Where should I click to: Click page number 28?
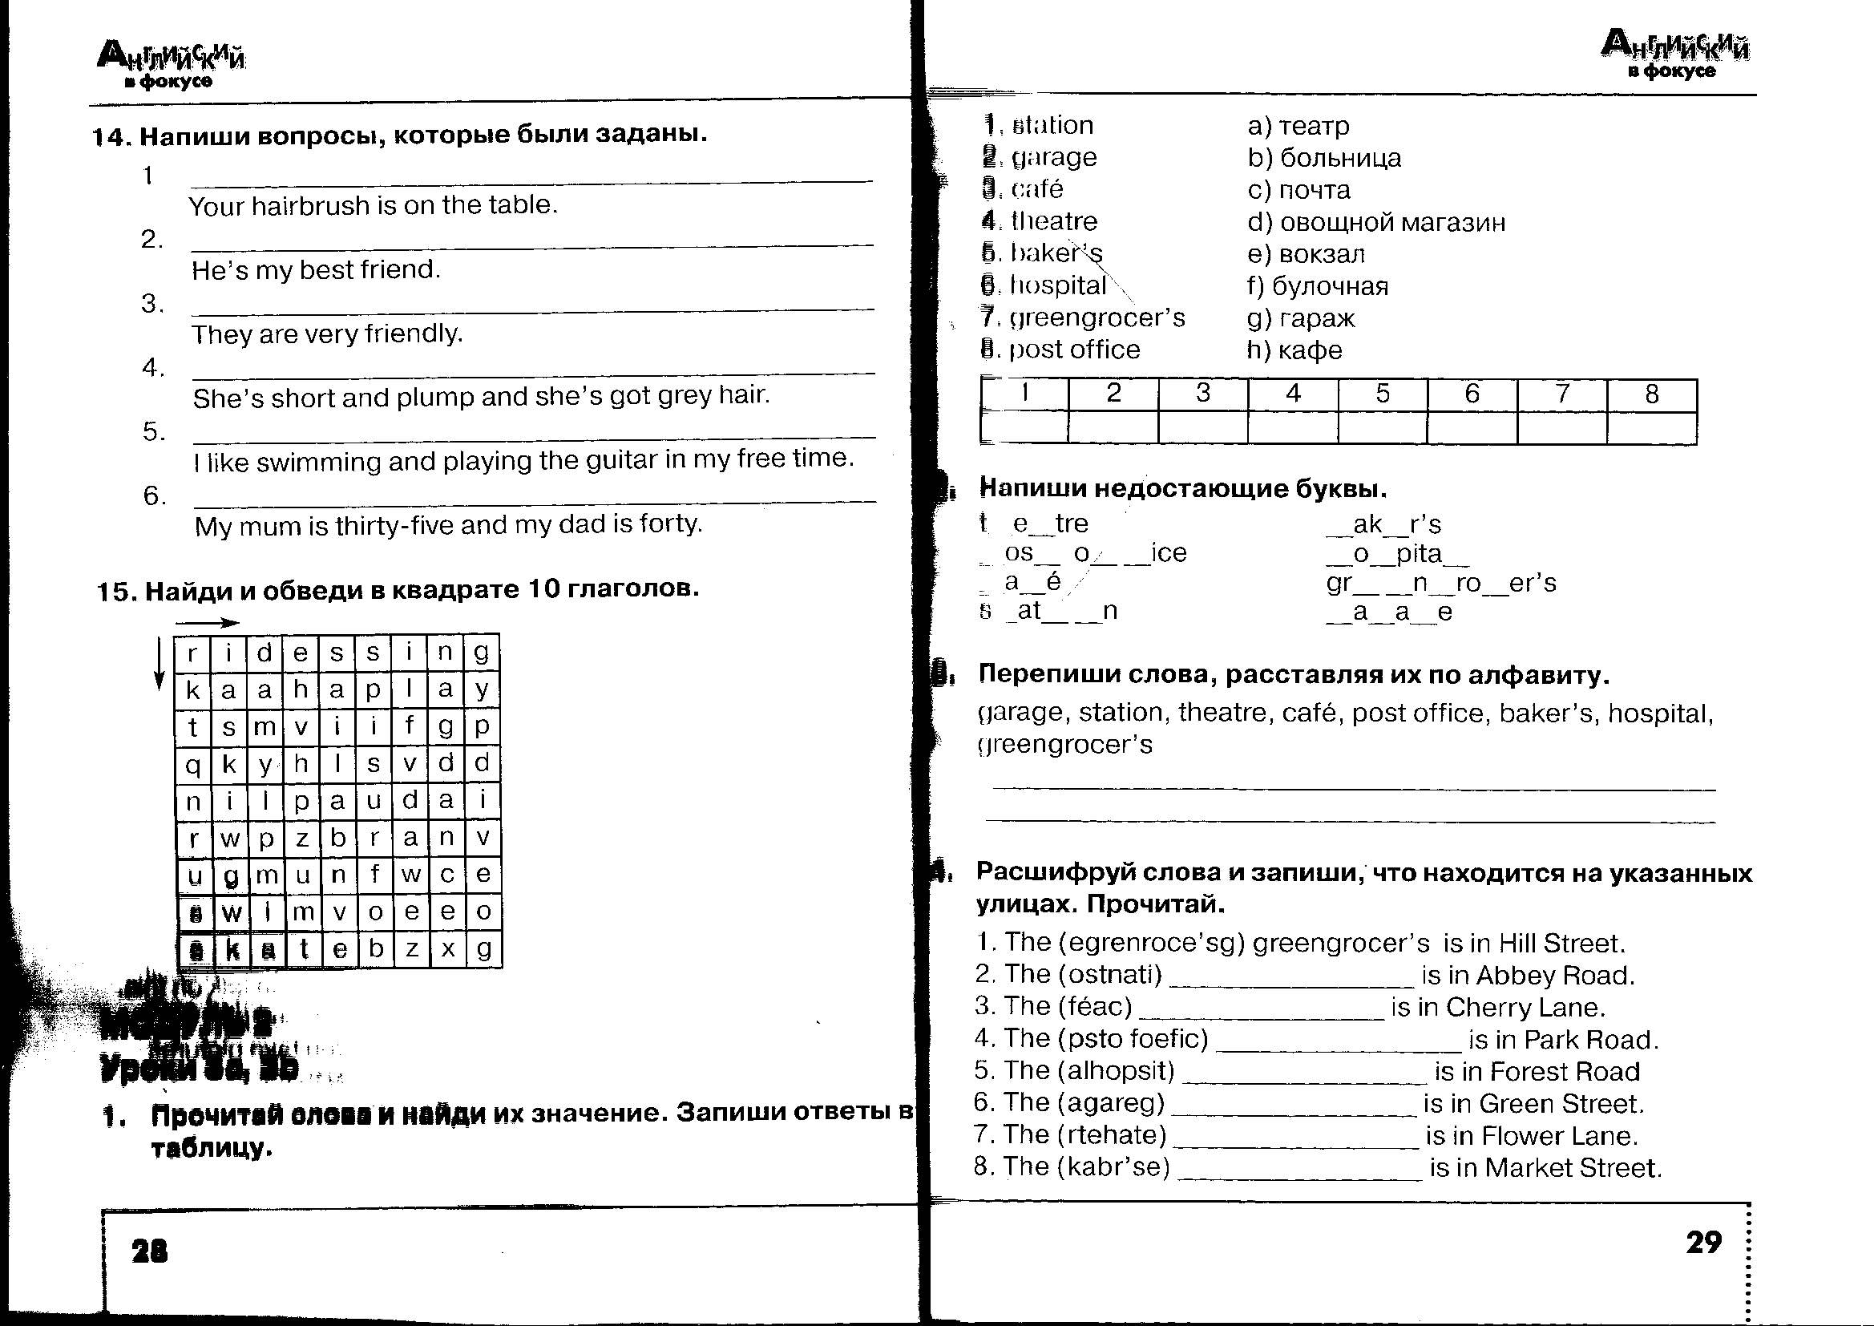(149, 1250)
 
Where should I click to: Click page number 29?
(1703, 1242)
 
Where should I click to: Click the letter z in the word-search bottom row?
(411, 948)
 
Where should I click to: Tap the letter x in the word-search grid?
(447, 948)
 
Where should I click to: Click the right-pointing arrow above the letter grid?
(208, 623)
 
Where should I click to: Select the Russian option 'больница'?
(1340, 158)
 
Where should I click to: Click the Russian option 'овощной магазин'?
(1392, 222)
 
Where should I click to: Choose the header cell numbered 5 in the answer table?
(1383, 394)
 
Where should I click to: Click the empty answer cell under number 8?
(1651, 428)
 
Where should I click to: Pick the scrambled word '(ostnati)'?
(1110, 974)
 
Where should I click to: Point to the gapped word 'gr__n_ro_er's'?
(1440, 582)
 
